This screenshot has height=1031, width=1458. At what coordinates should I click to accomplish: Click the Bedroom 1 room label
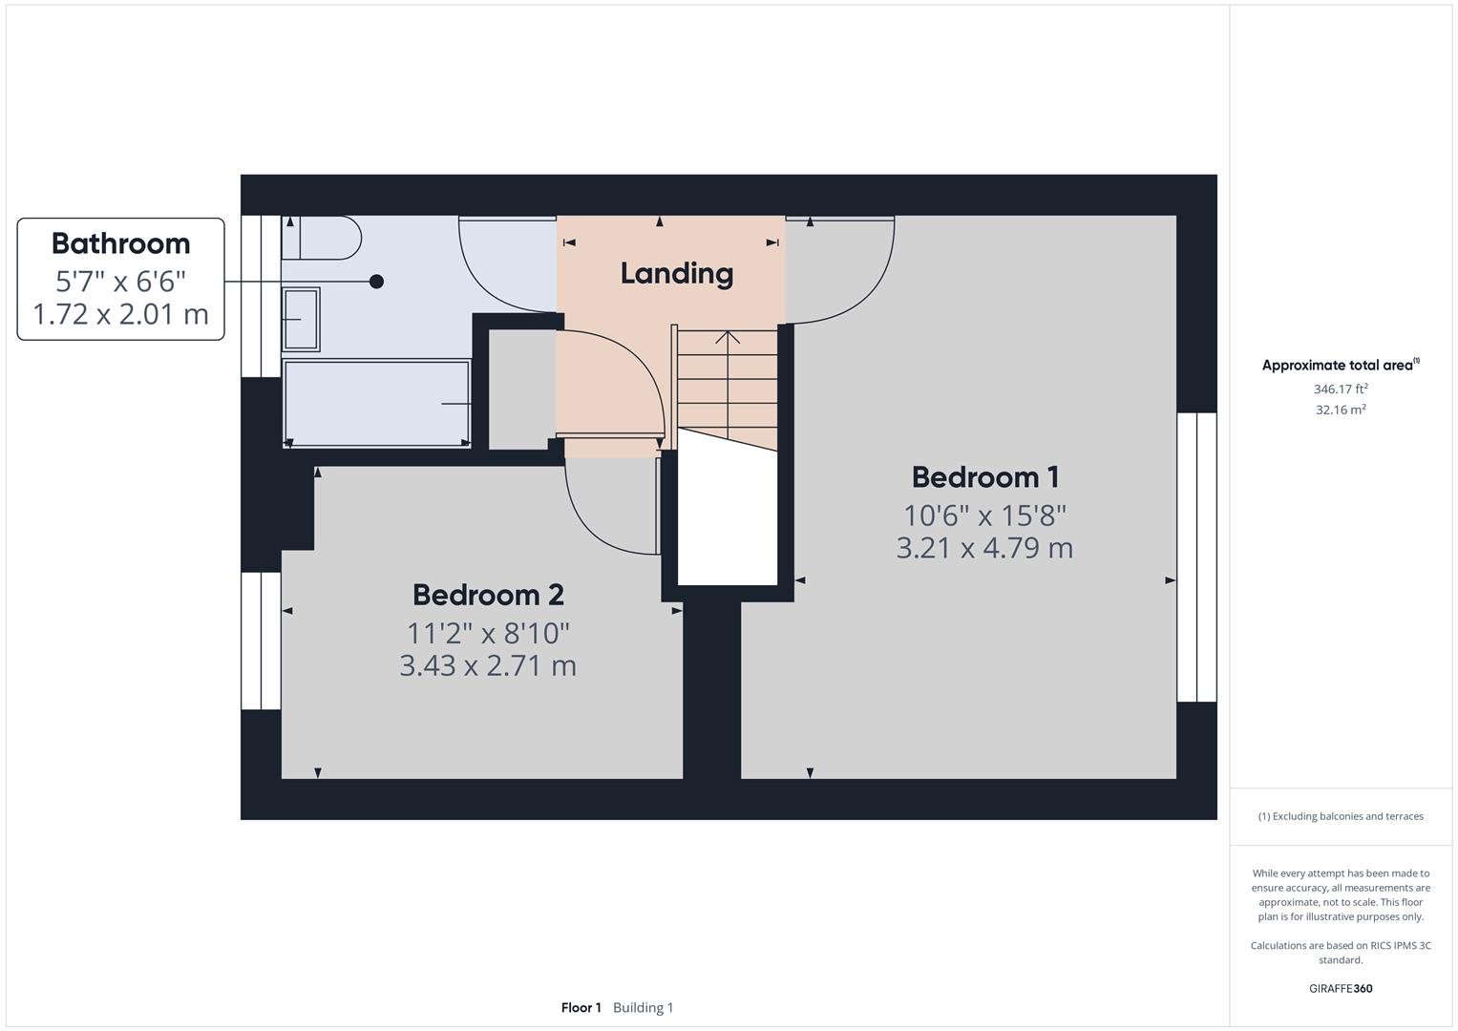coord(984,476)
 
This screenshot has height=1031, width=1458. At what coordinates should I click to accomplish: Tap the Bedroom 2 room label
coord(488,595)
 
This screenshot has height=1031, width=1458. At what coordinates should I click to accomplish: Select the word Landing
coord(676,273)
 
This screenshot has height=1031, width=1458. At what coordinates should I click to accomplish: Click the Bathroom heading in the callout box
coord(120,243)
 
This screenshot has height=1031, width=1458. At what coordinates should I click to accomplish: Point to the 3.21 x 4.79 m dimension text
coord(984,548)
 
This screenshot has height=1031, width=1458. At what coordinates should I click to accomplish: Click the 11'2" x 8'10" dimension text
coord(488,633)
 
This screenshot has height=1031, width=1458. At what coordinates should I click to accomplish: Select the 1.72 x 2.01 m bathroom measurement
coord(120,314)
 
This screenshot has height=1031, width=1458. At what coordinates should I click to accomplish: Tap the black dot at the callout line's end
coord(376,282)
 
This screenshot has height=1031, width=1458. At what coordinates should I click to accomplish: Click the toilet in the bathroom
coord(322,238)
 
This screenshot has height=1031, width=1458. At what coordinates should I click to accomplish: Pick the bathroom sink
coord(301,320)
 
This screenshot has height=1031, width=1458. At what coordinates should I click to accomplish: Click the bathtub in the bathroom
coord(377,403)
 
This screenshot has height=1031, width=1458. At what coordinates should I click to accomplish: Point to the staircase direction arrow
coord(728,337)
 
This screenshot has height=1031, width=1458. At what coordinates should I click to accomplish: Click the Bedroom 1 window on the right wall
coord(1196,558)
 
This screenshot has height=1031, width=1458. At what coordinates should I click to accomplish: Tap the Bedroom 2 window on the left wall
coord(261,641)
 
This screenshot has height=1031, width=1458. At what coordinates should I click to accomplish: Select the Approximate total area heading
coord(1340,365)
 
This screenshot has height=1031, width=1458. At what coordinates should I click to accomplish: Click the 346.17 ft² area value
coord(1340,389)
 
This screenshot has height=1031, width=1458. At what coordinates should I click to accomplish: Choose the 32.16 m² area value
coord(1340,410)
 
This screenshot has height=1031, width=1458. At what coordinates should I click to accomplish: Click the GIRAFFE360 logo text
coord(1340,988)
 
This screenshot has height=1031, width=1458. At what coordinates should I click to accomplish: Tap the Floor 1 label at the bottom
coord(581,1007)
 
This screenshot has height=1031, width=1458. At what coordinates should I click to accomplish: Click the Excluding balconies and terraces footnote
coord(1340,816)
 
